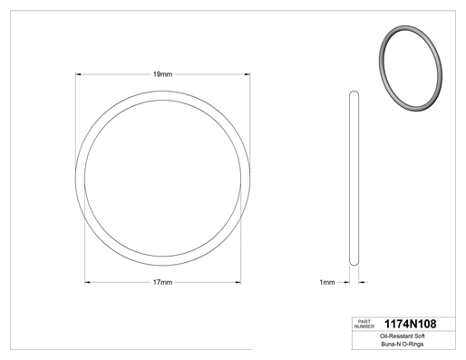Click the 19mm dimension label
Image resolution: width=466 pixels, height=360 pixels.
[x=162, y=74]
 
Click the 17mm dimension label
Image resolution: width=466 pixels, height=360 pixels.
[x=162, y=282]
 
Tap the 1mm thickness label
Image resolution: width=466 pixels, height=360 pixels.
[x=327, y=282]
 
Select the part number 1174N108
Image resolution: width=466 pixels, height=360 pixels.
[x=410, y=324]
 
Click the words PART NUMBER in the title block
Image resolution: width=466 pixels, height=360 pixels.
[x=364, y=324]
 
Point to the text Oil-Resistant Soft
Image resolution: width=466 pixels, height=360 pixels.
[x=403, y=336]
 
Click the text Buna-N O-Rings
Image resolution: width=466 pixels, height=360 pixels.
[x=403, y=344]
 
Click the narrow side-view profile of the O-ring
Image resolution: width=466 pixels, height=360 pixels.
[x=350, y=179]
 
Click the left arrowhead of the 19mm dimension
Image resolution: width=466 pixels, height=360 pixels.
[x=78, y=74]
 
